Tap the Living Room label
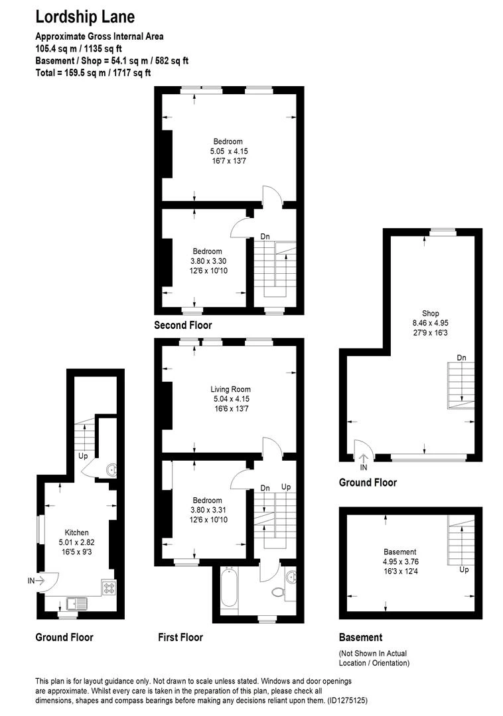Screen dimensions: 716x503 231,389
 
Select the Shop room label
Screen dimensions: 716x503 430,314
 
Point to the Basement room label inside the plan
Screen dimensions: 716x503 400,552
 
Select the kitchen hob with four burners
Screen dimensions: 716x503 109,587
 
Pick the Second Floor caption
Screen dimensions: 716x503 183,326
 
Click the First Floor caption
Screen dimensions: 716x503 180,637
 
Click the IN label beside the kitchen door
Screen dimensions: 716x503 31,581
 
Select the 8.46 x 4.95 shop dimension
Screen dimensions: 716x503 430,324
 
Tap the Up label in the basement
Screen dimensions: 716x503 465,569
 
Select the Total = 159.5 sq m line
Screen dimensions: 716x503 94,72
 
